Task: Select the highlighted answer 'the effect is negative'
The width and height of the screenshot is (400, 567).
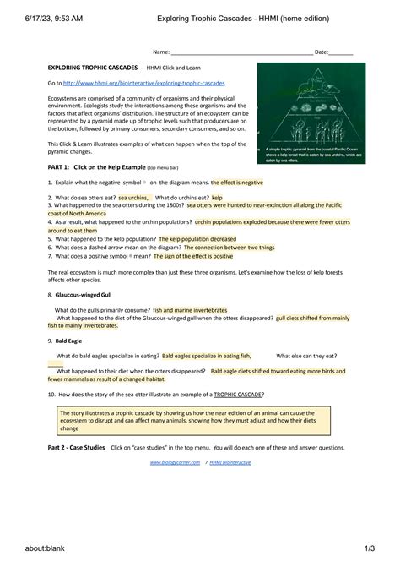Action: click(238, 182)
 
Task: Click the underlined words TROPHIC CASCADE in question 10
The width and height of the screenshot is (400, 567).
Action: click(237, 394)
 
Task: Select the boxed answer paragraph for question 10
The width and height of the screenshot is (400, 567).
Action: click(199, 420)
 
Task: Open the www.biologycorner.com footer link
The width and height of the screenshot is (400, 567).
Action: click(175, 462)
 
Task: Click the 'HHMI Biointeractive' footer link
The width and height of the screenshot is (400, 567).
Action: click(230, 462)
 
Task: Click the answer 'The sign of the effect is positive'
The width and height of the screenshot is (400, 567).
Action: click(195, 255)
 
